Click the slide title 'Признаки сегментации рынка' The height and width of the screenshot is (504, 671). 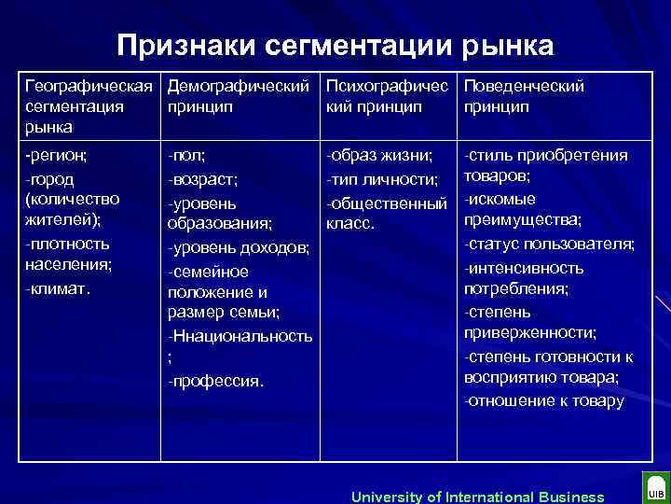point(335,45)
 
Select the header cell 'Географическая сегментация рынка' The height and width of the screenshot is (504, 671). point(89,105)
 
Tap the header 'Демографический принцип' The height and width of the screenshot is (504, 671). point(238,96)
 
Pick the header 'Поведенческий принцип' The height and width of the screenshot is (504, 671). point(524,96)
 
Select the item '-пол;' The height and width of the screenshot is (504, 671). point(186,156)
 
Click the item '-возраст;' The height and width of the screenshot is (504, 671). point(202,178)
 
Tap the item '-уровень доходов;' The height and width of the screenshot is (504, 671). point(238,247)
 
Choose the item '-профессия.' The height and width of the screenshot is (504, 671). point(215,380)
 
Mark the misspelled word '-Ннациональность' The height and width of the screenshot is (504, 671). point(240,334)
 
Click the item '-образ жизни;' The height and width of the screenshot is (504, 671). point(378,156)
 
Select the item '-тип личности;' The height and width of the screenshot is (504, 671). point(381,178)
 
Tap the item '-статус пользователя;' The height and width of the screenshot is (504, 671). point(549,245)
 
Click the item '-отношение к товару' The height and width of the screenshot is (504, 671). point(544,401)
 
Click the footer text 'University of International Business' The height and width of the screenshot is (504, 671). point(477,497)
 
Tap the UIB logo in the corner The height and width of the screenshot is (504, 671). point(654,490)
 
